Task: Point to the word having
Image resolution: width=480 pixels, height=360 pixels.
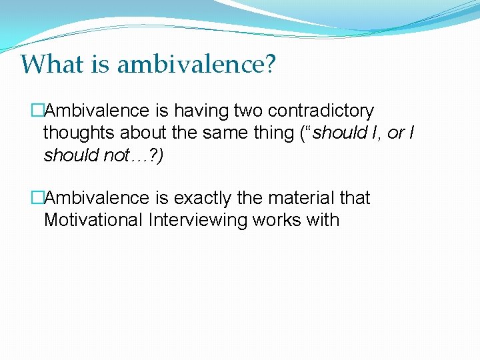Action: click(x=194, y=110)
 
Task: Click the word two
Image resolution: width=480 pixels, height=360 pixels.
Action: click(x=249, y=110)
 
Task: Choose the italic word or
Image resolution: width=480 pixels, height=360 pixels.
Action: click(x=395, y=133)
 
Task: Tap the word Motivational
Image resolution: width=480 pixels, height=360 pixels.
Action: click(x=93, y=220)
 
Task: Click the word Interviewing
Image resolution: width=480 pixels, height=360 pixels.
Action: click(x=198, y=220)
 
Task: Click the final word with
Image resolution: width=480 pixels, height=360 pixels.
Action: click(x=323, y=220)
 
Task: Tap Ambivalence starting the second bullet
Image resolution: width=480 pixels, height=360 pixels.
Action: click(x=97, y=198)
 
